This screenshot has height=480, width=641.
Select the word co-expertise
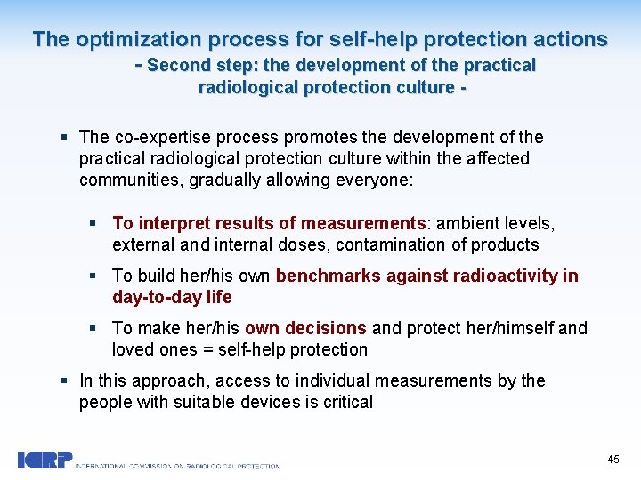161,137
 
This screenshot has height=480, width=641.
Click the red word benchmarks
329,276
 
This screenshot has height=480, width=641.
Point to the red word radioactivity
501,276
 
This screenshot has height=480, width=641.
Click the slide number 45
613,460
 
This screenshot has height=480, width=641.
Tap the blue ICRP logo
45,460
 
